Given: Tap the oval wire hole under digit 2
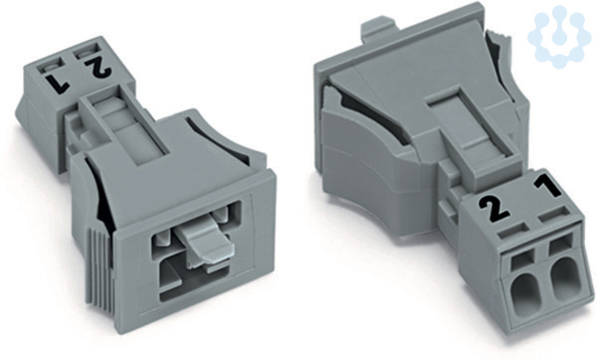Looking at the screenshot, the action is point(521,293).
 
